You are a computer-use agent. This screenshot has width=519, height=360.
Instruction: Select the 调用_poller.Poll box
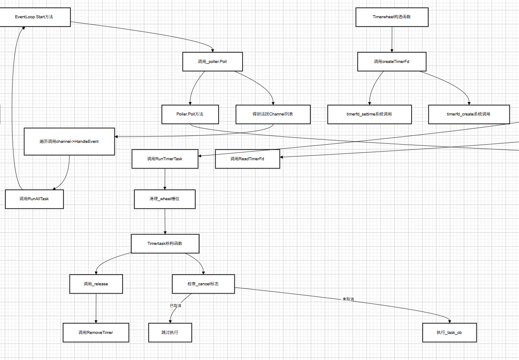pos(212,62)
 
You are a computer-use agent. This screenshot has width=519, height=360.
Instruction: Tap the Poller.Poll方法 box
pos(190,114)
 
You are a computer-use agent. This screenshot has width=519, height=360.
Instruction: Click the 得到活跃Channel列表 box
pos(273,114)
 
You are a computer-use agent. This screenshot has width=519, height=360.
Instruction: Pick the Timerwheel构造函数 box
pos(392,17)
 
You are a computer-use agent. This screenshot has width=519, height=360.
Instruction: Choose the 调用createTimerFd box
pos(392,62)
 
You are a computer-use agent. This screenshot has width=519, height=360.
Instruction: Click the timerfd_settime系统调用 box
pos(369,114)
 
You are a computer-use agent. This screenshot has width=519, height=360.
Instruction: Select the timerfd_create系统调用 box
pos(469,114)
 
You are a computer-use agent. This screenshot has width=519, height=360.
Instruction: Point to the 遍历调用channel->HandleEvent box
pos(69,142)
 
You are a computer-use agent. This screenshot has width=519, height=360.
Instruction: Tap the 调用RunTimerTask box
pos(165,159)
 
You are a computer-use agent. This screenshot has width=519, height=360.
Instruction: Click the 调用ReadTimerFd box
pos(247,159)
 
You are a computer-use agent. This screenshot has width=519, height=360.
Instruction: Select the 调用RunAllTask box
pos(34,199)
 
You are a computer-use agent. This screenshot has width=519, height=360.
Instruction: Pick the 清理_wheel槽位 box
pos(165,199)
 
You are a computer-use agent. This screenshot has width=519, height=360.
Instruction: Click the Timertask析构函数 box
pos(165,244)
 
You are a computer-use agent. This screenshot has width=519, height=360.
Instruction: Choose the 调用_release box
pos(96,284)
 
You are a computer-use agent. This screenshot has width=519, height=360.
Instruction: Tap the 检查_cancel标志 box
pos(203,284)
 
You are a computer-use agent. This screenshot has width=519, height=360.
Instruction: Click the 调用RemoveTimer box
pos(96,333)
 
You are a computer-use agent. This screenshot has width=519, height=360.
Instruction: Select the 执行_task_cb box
pos(449,333)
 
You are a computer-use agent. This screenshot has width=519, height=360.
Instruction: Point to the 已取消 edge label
pos(176,306)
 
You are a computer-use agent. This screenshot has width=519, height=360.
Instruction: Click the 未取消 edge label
pos(348,299)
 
